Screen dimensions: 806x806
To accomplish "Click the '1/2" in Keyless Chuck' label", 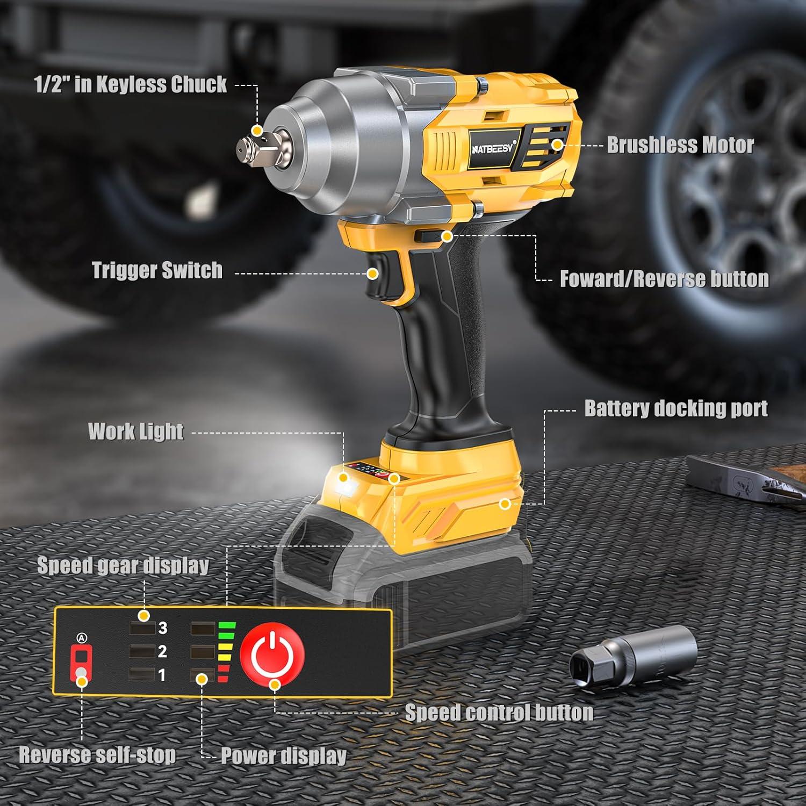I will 131,85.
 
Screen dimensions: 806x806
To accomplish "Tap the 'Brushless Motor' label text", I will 680,145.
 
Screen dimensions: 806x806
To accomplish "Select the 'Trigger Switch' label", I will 157,270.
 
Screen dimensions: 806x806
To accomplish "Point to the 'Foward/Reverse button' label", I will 664,279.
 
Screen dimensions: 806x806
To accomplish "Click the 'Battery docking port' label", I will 675,408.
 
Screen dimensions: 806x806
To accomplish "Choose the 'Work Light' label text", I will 136,431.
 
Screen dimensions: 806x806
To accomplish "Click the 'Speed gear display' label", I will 123,566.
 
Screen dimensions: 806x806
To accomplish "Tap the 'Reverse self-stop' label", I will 97,755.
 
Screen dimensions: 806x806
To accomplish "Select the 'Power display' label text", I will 284,755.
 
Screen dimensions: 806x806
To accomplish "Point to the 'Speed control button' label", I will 499,713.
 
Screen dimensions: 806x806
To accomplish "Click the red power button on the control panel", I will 272,653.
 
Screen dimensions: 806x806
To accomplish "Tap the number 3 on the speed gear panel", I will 162,628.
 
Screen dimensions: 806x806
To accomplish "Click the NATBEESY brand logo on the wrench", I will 493,148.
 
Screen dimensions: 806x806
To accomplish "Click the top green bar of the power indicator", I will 227,625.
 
